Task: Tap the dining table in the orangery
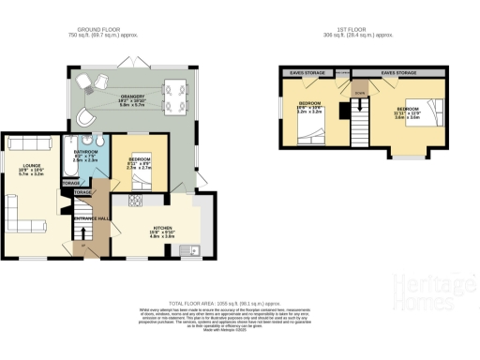tap(175, 92)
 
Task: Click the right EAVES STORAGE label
tap(397, 71)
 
